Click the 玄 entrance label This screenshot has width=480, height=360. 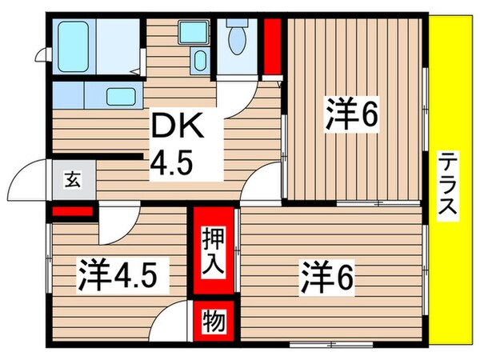click(72, 179)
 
